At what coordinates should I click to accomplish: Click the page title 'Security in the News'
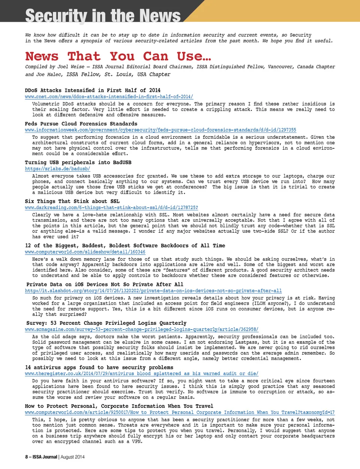103,16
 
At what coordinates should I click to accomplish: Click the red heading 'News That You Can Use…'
118,57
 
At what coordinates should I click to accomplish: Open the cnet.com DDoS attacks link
109,97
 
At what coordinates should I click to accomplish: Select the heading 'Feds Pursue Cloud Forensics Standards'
81,124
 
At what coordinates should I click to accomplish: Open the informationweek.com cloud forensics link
160,130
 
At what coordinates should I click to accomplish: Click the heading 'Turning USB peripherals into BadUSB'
78,163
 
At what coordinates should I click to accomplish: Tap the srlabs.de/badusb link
57,169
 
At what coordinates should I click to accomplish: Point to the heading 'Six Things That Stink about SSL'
72,201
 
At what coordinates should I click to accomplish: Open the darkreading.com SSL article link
111,208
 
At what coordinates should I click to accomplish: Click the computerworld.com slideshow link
85,252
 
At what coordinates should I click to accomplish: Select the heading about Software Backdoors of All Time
125,246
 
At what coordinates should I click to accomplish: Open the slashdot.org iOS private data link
153,291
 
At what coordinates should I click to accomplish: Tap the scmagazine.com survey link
141,330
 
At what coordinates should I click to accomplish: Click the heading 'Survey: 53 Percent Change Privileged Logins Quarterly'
106,323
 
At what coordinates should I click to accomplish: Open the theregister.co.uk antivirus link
141,374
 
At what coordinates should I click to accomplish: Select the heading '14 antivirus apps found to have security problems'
99,368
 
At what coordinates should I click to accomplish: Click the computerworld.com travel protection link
180,412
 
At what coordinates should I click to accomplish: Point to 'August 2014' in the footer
72,457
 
